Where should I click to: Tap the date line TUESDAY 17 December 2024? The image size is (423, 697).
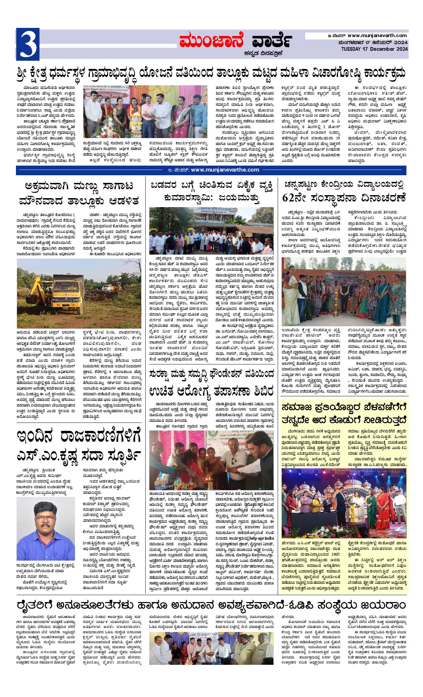point(375,49)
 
